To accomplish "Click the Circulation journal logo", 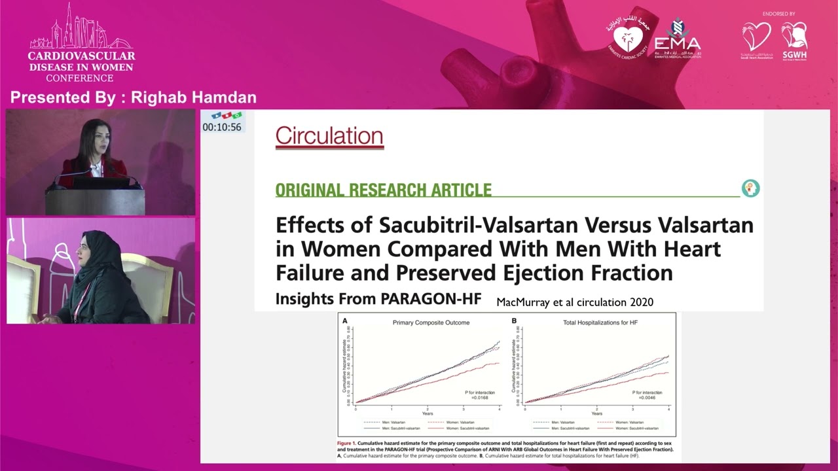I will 329,136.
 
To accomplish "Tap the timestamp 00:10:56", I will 222,128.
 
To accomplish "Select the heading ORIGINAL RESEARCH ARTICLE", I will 383,190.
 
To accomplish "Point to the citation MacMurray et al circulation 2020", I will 575,302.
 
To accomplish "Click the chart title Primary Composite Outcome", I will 431,323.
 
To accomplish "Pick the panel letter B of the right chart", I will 514,321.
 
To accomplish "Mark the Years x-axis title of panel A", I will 428,413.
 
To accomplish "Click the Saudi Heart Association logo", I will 756,39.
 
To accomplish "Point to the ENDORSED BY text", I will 778,14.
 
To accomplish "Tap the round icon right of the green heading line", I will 750,188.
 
